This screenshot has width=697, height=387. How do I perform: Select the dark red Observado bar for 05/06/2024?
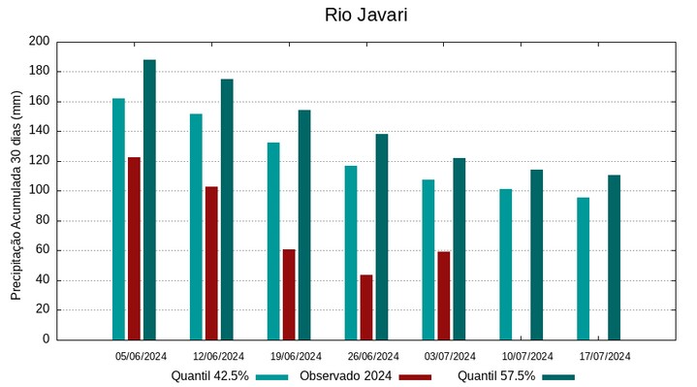134,248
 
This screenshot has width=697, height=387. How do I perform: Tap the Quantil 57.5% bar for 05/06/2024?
149,200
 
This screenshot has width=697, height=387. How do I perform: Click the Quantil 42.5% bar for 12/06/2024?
196,227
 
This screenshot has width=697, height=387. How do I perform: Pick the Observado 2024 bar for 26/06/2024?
366,307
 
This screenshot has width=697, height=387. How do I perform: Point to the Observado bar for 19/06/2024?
289,295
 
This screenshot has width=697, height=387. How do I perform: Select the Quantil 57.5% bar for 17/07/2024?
614,257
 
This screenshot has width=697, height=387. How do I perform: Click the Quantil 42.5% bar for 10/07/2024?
505,264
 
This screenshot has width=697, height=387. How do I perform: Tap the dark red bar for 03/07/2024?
443,296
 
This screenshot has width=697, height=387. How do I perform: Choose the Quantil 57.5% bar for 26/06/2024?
382,237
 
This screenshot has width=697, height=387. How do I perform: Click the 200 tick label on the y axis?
39,42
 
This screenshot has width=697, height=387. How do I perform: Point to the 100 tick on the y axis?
39,191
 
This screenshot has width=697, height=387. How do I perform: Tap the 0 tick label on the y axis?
45,340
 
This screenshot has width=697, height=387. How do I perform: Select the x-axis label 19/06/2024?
296,356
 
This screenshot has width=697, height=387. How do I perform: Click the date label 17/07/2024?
605,356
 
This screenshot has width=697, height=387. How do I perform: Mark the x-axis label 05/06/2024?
141,356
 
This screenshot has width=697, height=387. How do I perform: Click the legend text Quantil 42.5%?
210,376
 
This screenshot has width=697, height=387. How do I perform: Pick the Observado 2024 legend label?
345,376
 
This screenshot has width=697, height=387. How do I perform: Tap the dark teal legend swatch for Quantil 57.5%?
558,376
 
